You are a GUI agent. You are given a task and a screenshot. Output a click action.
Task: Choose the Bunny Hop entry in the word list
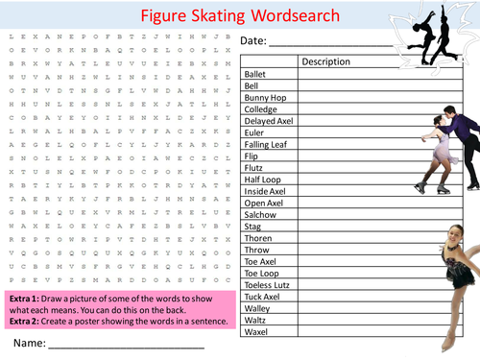click(x=264, y=97)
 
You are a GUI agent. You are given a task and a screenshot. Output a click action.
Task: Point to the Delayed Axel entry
click(x=270, y=120)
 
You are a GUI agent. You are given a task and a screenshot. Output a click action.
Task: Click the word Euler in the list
click(x=255, y=132)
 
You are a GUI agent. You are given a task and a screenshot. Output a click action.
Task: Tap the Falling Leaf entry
click(x=268, y=144)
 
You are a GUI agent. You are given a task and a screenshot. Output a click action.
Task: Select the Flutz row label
click(x=255, y=167)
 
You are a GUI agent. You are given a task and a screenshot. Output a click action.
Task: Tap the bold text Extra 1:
click(x=25, y=296)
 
